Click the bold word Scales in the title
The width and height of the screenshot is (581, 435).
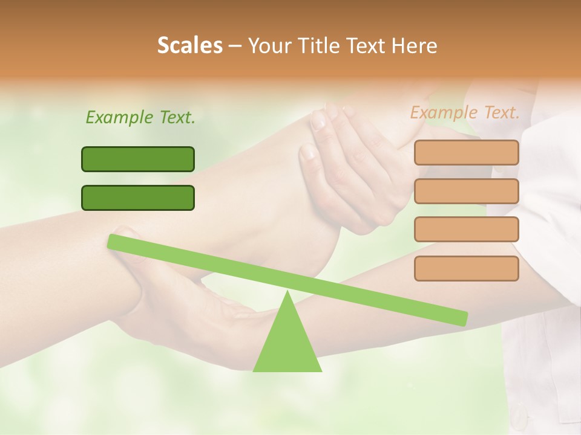pos(189,45)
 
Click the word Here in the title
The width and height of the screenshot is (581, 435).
pos(415,45)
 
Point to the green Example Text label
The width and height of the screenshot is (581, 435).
pos(140,117)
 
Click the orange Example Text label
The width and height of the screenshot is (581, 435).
pos(465,112)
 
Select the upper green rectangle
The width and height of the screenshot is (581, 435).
pos(138,159)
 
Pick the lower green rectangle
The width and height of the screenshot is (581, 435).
pos(138,198)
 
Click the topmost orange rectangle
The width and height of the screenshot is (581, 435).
pos(467,152)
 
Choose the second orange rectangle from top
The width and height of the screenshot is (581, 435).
pos(467,191)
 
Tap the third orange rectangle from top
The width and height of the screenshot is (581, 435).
pos(467,230)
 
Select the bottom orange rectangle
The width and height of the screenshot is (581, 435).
pos(467,268)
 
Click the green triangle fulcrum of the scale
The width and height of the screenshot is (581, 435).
pos(287,344)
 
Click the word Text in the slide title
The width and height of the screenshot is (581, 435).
pos(365,45)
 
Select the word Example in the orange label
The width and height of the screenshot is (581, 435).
pos(443,112)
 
